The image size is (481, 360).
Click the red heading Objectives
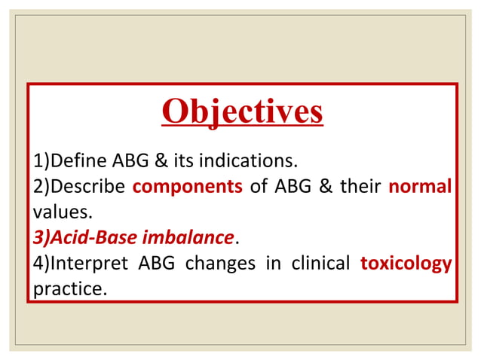pos(242,111)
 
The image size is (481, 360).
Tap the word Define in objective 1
pos(78,160)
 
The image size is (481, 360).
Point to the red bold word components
pos(187,186)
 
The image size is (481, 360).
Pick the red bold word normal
pos(420,186)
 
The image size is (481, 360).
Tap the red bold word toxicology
pos(406,263)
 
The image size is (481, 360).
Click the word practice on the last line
pos(68,288)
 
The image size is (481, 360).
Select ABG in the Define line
pos(132,160)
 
